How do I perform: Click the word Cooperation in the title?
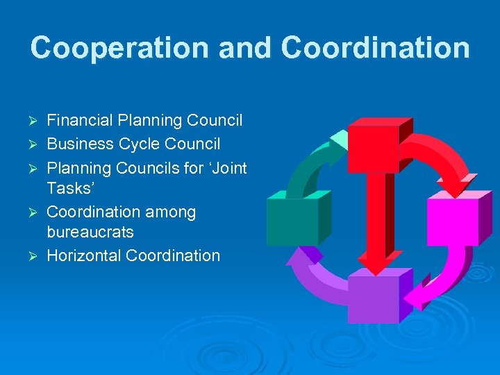119,48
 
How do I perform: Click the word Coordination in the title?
376,48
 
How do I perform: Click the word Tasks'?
68,189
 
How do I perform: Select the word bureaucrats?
90,232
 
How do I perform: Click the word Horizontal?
84,256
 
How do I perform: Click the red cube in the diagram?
375,147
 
